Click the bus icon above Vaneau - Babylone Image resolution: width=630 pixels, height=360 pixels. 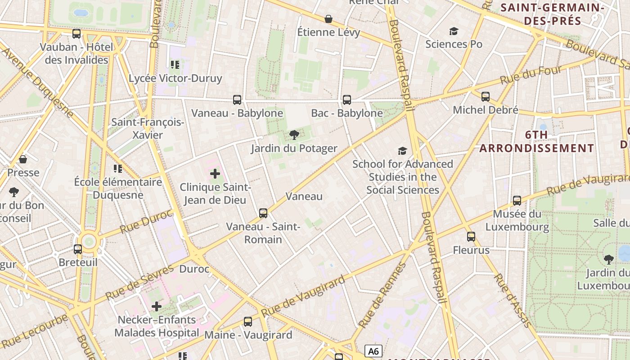click(x=237, y=100)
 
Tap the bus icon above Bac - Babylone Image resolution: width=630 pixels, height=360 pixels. click(x=347, y=100)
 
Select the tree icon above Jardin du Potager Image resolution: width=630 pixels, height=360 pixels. click(x=294, y=135)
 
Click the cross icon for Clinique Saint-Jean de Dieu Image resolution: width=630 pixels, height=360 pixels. click(x=215, y=173)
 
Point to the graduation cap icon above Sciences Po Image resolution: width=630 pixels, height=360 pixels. click(x=454, y=31)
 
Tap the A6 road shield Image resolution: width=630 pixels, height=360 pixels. click(x=373, y=351)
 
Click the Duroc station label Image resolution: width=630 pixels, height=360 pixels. click(x=194, y=269)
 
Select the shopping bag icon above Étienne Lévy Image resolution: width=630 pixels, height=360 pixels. click(x=328, y=19)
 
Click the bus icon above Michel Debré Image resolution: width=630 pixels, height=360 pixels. click(x=485, y=96)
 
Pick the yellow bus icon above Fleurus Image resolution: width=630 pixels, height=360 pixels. click(x=471, y=236)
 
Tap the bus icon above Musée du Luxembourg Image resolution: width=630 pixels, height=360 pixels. click(x=517, y=200)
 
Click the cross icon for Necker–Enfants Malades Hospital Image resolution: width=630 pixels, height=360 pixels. click(x=156, y=306)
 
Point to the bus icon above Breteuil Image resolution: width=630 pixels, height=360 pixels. click(x=78, y=249)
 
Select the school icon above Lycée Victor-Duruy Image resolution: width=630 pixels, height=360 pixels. click(x=175, y=65)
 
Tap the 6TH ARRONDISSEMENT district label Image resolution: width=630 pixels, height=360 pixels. click(x=536, y=141)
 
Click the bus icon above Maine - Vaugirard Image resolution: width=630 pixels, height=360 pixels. click(x=248, y=321)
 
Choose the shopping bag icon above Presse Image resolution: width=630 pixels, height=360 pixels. click(x=23, y=159)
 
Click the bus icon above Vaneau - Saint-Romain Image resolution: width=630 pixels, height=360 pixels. click(x=263, y=213)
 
